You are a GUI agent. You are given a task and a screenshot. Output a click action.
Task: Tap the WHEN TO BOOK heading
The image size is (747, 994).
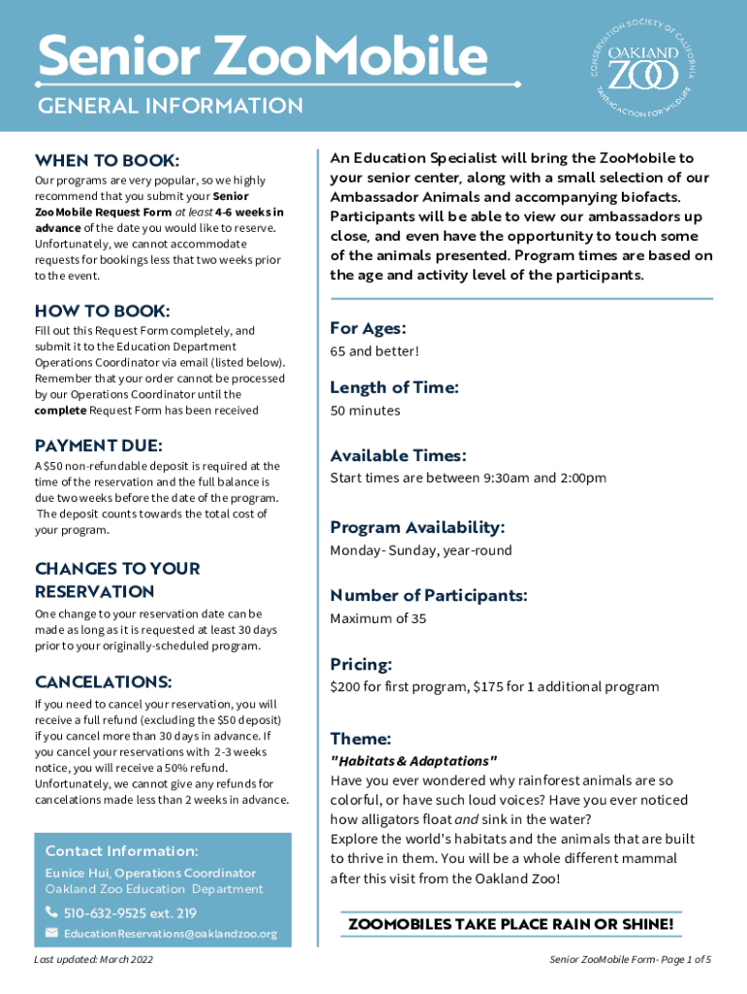point(107,159)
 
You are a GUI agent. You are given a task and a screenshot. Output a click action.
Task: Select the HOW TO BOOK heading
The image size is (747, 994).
point(102,311)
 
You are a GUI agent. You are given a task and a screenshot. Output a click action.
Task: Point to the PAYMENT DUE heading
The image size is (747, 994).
point(98,446)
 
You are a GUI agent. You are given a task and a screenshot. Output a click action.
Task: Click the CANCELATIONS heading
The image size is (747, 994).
point(103,681)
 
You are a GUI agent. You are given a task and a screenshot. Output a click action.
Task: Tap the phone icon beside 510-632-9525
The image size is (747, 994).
point(51,912)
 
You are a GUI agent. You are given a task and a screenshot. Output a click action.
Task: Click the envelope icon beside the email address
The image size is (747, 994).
point(51,934)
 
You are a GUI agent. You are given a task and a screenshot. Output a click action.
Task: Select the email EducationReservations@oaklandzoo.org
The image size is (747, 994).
point(171,934)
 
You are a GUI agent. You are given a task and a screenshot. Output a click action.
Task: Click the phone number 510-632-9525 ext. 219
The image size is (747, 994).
point(130,912)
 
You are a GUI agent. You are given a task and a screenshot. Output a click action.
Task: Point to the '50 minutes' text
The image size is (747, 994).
point(365,411)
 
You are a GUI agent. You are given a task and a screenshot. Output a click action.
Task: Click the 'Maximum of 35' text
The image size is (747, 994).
point(377,618)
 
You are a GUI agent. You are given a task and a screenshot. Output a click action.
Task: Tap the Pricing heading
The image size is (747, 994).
point(361,665)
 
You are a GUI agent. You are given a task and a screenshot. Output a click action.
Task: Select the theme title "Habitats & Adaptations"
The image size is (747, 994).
point(414,760)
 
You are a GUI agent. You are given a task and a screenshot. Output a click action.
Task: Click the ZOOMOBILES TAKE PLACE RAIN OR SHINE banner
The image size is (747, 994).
point(510,924)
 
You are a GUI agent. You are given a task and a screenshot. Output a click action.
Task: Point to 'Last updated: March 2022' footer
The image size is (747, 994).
point(93,960)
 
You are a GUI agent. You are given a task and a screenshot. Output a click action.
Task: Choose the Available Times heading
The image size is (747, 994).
point(398,455)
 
